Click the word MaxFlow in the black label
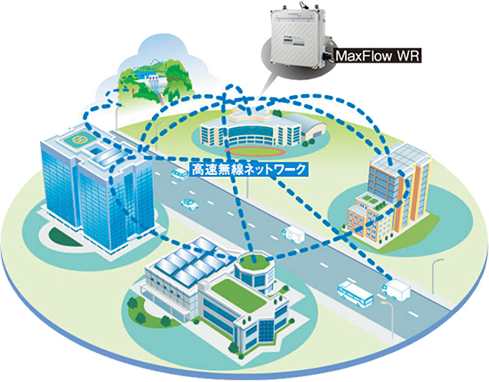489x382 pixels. [x=364, y=56]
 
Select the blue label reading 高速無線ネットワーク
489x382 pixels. [x=249, y=170]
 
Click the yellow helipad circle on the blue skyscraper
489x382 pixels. [x=78, y=139]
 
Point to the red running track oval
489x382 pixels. [x=255, y=151]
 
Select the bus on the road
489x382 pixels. [x=355, y=293]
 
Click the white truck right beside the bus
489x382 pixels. [x=396, y=289]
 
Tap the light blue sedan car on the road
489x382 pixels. [x=189, y=204]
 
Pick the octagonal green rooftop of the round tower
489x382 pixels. [x=255, y=259]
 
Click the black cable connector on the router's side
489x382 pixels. [x=326, y=57]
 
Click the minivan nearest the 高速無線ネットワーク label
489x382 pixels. [x=180, y=174]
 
